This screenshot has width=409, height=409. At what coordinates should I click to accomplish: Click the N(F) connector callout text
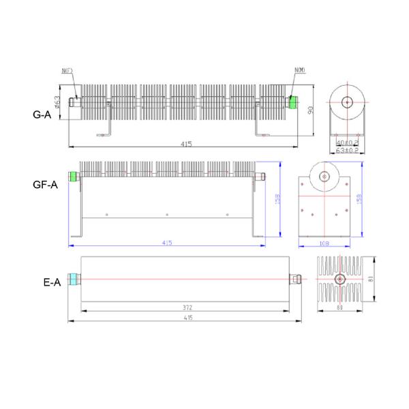pyautogui.click(x=67, y=71)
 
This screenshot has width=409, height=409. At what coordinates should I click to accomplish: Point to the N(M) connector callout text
pyautogui.click(x=300, y=71)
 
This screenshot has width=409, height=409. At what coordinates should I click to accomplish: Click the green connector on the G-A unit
pyautogui.click(x=293, y=102)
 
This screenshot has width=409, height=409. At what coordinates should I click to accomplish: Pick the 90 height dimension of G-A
pyautogui.click(x=310, y=111)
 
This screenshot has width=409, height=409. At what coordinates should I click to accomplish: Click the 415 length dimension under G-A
pyautogui.click(x=186, y=144)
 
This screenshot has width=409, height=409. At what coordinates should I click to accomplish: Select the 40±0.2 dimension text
pyautogui.click(x=348, y=142)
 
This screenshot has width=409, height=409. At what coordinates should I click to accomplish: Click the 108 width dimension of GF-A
pyautogui.click(x=324, y=242)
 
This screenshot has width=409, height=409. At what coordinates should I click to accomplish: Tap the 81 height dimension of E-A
pyautogui.click(x=369, y=277)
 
